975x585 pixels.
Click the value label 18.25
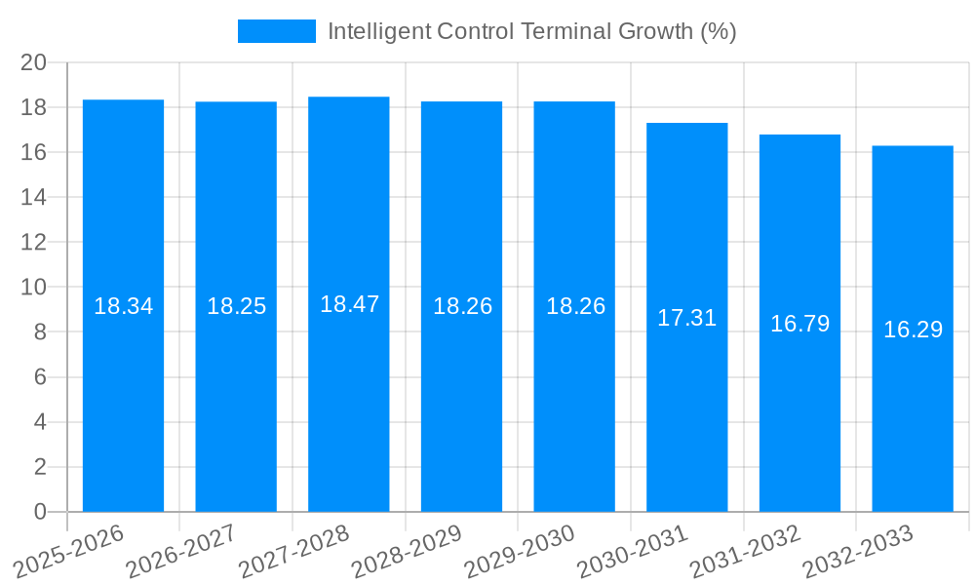[236, 306]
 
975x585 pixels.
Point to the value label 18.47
[349, 304]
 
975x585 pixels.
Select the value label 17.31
[687, 318]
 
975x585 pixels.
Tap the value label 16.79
[799, 324]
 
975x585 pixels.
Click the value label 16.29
[913, 330]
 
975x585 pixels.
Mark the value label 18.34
[123, 306]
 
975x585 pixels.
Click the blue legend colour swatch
[277, 31]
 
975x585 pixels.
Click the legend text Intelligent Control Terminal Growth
[531, 31]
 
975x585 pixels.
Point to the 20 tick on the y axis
[34, 62]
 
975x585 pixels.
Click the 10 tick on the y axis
[34, 288]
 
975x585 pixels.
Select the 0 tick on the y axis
[40, 512]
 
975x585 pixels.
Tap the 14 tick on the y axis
[34, 197]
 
